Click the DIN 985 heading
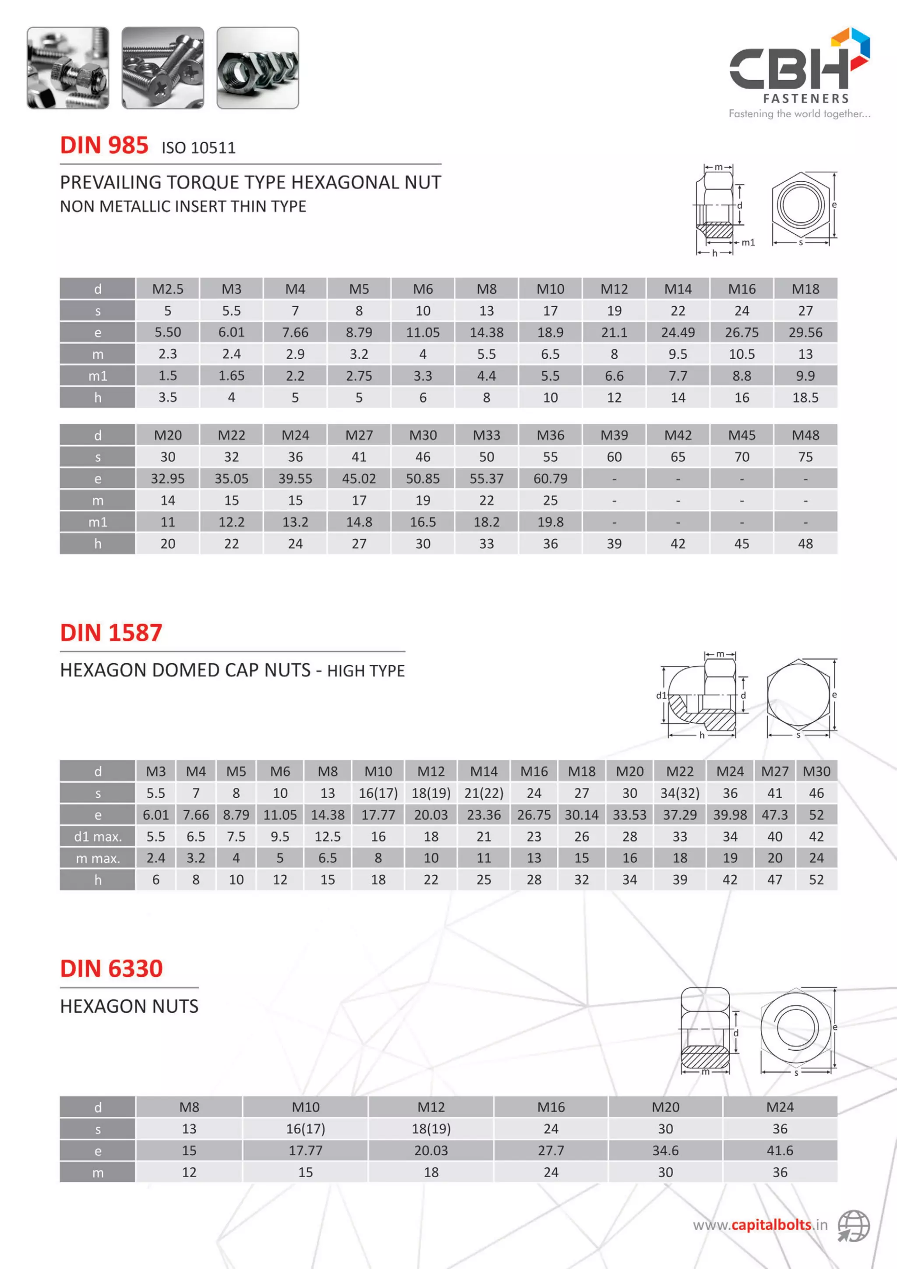click(104, 145)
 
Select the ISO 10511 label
click(198, 148)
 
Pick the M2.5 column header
click(167, 289)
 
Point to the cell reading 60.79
click(550, 479)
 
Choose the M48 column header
click(805, 435)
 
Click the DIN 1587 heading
click(111, 633)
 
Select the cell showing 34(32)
click(679, 794)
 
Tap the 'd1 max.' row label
click(98, 837)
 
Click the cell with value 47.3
click(774, 815)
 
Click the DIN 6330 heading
click(111, 969)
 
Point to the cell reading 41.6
click(779, 1151)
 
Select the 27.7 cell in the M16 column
click(551, 1151)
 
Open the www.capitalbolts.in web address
click(760, 1225)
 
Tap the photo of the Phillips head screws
click(162, 68)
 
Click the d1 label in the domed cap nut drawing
click(661, 695)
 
